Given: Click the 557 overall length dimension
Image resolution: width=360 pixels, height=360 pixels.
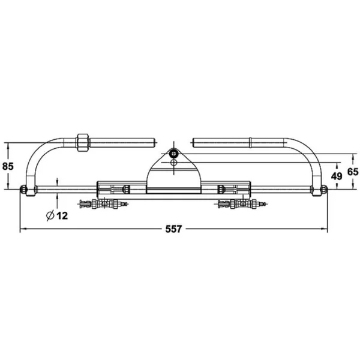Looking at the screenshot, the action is [173, 229].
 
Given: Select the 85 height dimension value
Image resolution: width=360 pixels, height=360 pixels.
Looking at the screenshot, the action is [8, 166].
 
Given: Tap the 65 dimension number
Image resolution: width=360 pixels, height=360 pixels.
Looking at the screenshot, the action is [353, 172].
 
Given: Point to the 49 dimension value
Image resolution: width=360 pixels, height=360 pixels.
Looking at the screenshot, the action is [337, 176].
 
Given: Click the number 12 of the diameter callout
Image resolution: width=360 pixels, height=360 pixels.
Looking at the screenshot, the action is [62, 215].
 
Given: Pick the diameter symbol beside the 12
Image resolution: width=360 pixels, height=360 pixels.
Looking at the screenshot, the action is [50, 215].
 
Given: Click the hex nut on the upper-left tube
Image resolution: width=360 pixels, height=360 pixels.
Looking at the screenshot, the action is [82, 142].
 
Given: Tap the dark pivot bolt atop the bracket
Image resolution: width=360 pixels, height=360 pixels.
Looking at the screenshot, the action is [174, 154].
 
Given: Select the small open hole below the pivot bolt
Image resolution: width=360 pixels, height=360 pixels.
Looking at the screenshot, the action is [174, 163].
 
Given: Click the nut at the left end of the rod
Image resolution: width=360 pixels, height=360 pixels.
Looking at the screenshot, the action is [23, 190].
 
